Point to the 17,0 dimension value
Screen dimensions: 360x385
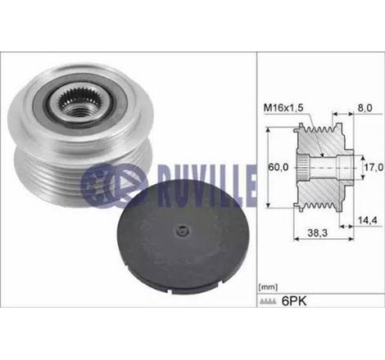[x=374, y=168]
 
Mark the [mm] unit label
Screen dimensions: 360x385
[x=268, y=288]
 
